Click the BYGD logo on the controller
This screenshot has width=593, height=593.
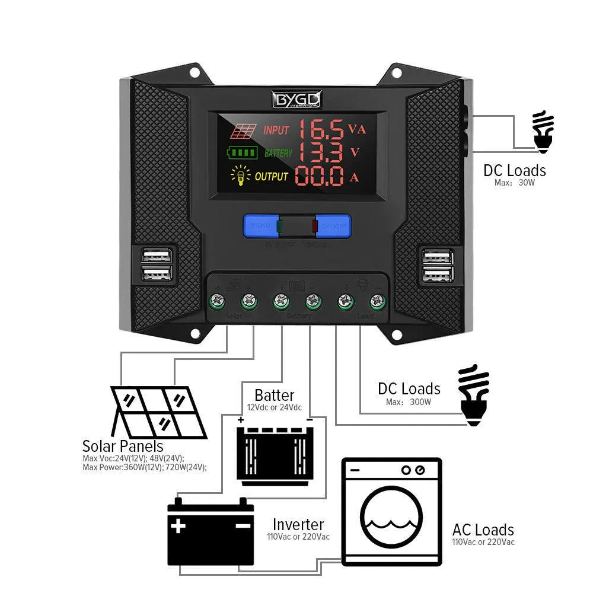[x=296, y=100]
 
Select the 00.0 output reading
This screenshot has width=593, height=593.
[x=320, y=176]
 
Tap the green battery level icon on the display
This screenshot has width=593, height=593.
[x=242, y=153]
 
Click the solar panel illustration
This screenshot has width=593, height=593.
[x=159, y=412]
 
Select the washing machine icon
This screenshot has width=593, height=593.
[x=392, y=512]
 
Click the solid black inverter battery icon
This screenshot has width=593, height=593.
[x=211, y=531]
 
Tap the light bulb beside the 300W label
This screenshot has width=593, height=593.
[x=474, y=394]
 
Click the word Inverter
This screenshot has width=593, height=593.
[x=298, y=525]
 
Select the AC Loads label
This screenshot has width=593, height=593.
[x=483, y=530]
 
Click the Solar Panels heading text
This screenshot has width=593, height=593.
[x=123, y=446]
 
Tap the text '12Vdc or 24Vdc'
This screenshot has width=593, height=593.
[x=274, y=407]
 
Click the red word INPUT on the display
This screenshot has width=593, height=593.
[x=276, y=130]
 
